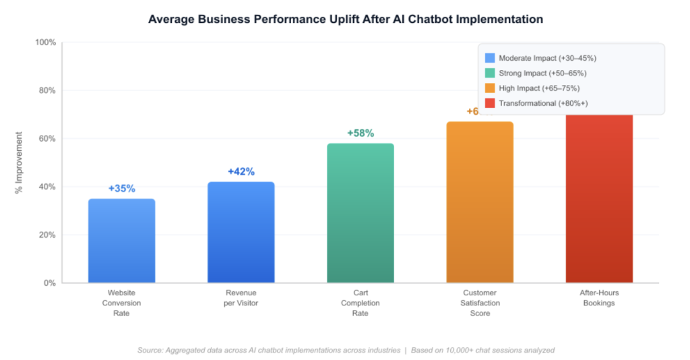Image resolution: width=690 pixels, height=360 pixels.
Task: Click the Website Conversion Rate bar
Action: click(121, 241)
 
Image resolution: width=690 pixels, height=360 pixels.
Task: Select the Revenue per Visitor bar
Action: click(241, 233)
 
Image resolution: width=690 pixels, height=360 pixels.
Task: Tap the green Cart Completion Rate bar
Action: click(360, 213)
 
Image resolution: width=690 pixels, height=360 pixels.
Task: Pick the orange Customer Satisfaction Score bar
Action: click(479, 202)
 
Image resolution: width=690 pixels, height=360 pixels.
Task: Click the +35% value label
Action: click(121, 189)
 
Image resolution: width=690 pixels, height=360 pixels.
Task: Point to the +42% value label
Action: click(241, 172)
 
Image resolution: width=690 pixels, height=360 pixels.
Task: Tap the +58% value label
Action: click(360, 133)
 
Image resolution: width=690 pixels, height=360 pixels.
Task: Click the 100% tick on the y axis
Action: click(45, 42)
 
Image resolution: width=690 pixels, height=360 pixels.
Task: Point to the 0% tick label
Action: click(49, 283)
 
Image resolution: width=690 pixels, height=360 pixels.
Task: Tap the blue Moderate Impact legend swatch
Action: click(490, 58)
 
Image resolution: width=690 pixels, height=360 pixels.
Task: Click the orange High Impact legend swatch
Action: click(490, 88)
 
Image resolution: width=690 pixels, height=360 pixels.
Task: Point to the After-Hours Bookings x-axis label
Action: click(598, 298)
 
